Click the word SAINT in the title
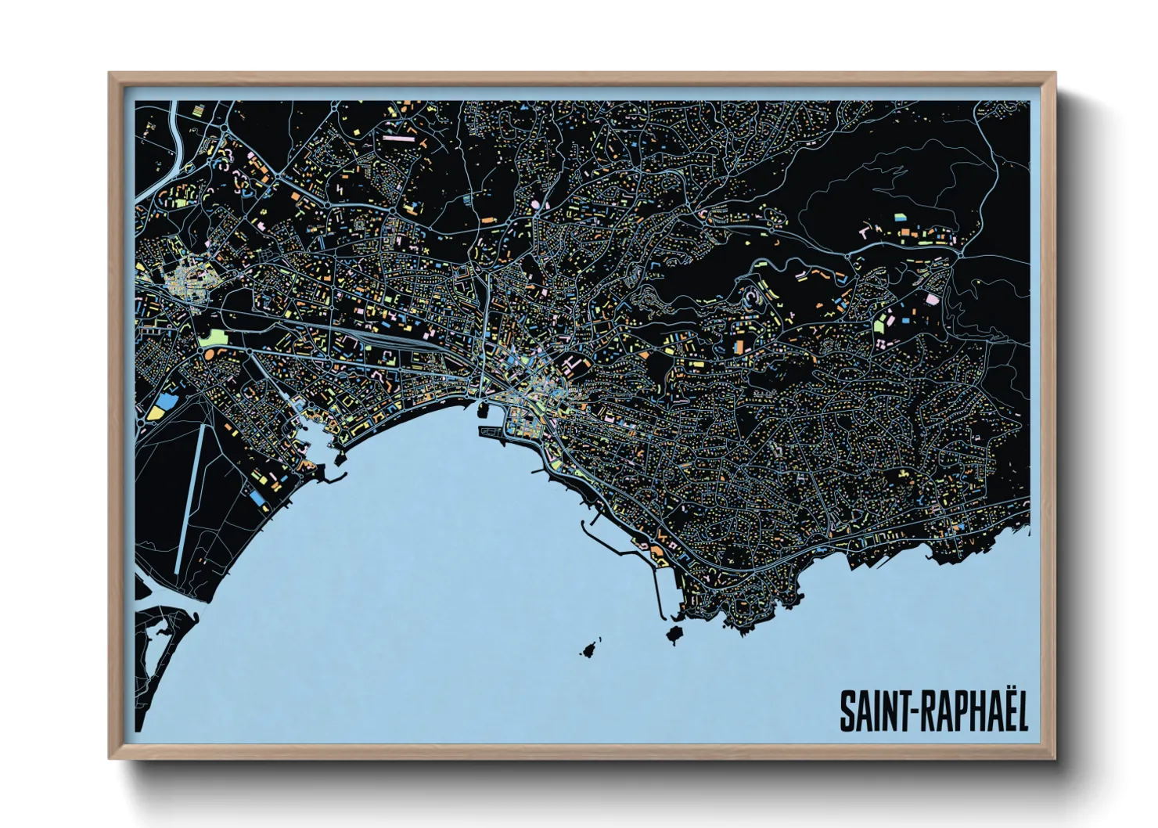[x=868, y=711]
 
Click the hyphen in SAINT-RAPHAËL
[x=904, y=712]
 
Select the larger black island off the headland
[x=675, y=632]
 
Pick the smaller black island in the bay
[x=588, y=649]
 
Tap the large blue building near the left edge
[x=166, y=404]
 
